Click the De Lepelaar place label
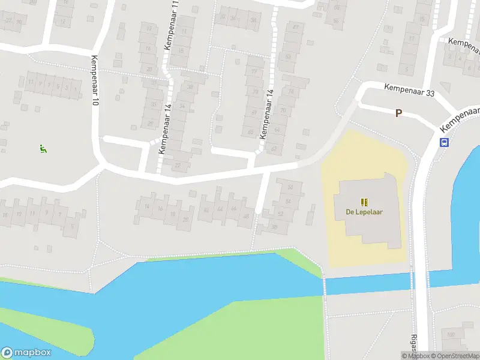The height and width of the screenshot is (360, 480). (364, 211)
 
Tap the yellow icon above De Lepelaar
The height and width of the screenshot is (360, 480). (364, 202)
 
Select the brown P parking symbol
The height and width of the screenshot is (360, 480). (398, 113)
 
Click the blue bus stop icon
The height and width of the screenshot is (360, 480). (445, 142)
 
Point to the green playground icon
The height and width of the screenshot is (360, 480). (42, 148)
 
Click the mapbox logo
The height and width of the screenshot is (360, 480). (26, 352)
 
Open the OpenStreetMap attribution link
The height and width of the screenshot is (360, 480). (454, 356)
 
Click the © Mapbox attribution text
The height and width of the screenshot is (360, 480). (415, 356)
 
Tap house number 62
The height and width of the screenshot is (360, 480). (275, 148)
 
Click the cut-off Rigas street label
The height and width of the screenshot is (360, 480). (413, 342)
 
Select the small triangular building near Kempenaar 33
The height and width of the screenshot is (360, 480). (445, 86)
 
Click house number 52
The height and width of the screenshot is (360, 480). (281, 214)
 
